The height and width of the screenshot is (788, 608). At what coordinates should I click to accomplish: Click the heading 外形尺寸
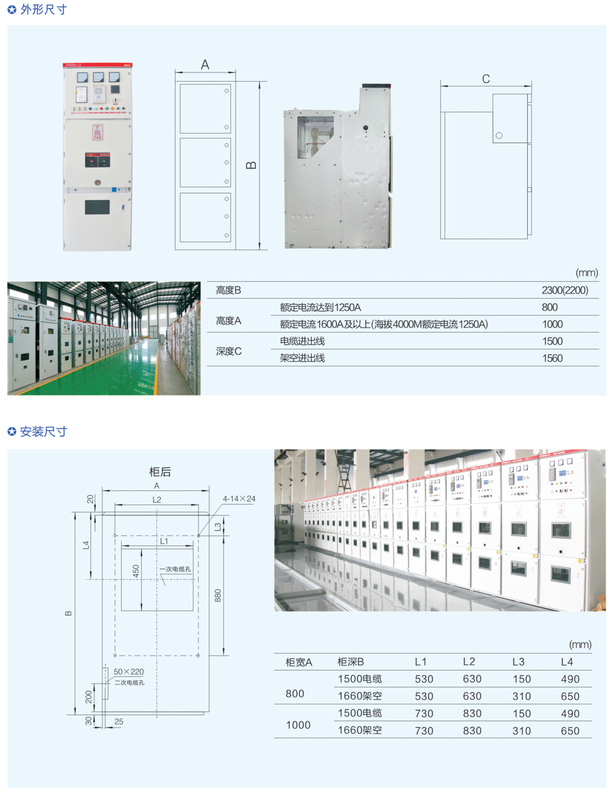click(x=43, y=9)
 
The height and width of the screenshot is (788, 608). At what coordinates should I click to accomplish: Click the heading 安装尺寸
click(x=43, y=431)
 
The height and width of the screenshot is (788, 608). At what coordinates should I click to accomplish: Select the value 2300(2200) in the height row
click(x=565, y=290)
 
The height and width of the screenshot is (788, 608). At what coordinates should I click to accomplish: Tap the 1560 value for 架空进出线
click(x=552, y=358)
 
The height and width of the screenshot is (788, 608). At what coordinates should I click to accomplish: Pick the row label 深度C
click(x=229, y=351)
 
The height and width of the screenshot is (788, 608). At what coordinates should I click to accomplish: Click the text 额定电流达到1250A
click(x=320, y=307)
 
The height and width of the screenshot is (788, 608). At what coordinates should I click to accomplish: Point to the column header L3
click(x=518, y=662)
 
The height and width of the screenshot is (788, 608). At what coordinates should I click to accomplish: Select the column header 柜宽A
click(x=299, y=662)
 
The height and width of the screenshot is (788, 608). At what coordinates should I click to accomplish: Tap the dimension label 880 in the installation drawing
click(x=218, y=595)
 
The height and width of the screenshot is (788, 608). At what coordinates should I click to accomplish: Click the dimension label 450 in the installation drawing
click(x=136, y=571)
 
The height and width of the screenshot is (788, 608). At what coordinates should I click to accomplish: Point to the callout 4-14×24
click(x=239, y=499)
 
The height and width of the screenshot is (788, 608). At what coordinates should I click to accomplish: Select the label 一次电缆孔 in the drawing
click(x=175, y=569)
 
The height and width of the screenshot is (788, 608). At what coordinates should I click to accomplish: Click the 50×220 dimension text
click(x=128, y=672)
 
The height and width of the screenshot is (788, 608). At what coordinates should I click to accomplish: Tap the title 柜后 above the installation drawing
click(x=160, y=471)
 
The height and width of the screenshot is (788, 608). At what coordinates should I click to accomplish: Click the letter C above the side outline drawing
click(x=486, y=79)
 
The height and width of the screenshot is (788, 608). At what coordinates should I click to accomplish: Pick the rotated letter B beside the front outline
click(x=251, y=165)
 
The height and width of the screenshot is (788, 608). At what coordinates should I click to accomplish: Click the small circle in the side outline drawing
click(x=499, y=135)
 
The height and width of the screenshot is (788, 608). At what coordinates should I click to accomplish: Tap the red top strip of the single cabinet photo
click(x=97, y=65)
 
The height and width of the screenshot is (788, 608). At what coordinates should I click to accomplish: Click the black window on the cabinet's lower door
click(x=97, y=207)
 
